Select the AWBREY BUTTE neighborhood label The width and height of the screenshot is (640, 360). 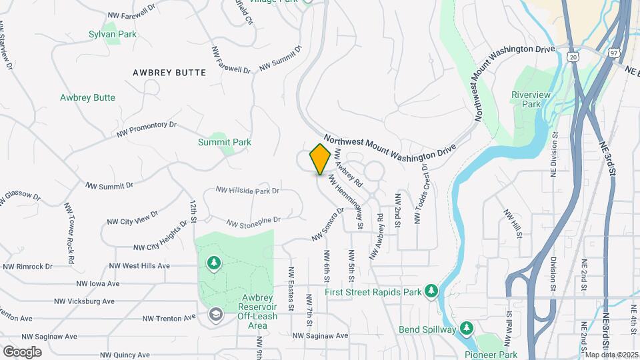[x=169, y=73]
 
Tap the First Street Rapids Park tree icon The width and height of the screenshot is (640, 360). [x=432, y=291]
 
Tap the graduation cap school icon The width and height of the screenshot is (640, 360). [x=215, y=313]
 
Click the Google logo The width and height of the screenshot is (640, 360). [x=22, y=352]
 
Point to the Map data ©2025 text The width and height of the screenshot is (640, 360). [x=611, y=355]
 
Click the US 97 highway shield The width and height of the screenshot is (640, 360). [x=615, y=51]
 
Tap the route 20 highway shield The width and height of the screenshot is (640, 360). [x=574, y=57]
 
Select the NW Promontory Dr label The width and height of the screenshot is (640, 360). [x=146, y=129]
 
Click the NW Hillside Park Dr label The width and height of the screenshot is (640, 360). [x=247, y=191]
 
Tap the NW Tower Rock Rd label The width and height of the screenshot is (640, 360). [x=69, y=223]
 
